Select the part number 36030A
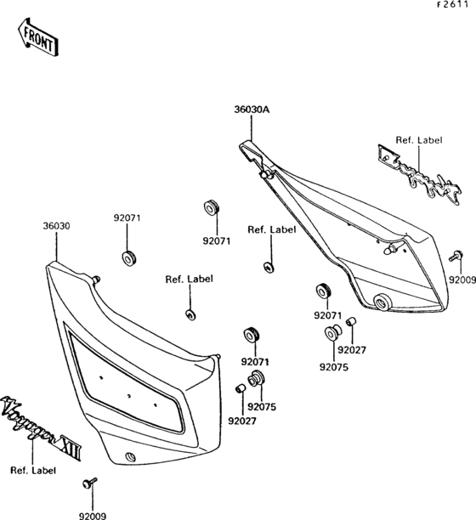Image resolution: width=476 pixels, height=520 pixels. [252, 110]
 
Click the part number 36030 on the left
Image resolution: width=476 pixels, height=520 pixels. [56, 227]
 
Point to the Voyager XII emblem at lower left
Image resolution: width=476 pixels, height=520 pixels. [42, 431]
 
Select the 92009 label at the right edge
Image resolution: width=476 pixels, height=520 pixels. [461, 279]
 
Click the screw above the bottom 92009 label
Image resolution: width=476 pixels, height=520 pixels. [88, 484]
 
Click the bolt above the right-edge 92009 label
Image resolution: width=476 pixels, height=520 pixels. [456, 256]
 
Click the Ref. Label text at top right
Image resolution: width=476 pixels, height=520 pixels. [418, 140]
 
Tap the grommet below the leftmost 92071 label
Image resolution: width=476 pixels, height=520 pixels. [129, 256]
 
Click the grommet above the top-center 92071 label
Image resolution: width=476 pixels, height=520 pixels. [209, 208]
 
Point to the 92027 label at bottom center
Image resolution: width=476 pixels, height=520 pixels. [241, 419]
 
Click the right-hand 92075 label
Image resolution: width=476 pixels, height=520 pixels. [333, 367]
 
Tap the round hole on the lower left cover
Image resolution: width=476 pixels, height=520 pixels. [130, 458]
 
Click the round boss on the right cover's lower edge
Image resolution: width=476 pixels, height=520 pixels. [382, 301]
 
